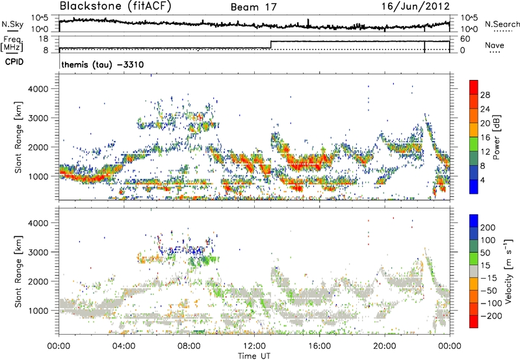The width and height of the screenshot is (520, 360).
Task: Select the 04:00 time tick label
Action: pos(123,345)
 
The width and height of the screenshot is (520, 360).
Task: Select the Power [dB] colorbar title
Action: pos(506,136)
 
